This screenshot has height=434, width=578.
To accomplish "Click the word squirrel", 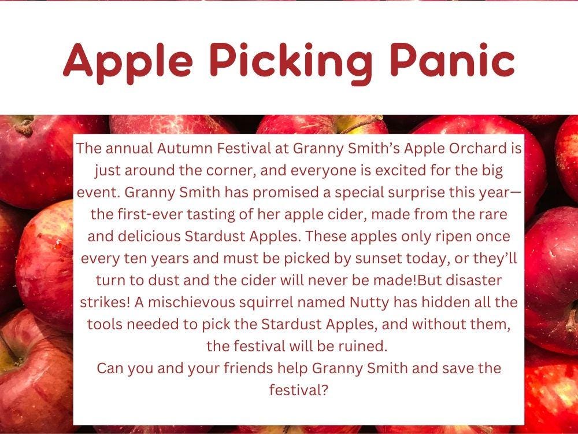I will (x=281, y=302).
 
